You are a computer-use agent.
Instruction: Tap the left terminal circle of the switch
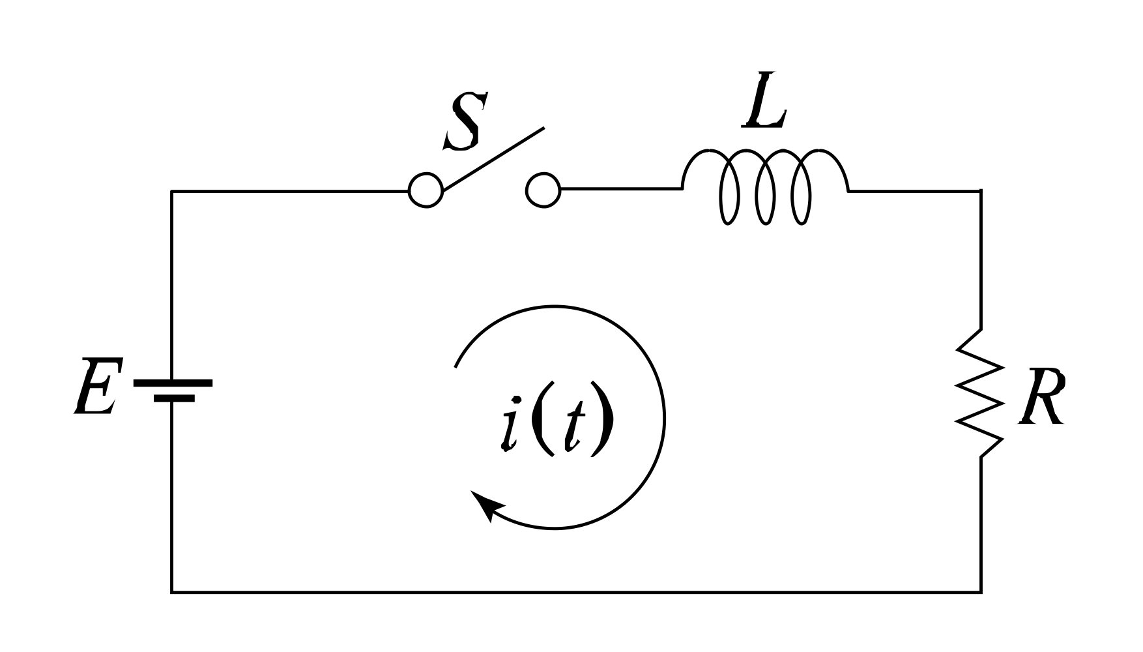click(x=426, y=190)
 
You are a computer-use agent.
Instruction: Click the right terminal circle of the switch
click(x=543, y=190)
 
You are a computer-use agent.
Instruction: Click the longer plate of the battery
click(x=173, y=383)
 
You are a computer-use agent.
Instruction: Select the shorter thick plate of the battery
click(x=174, y=398)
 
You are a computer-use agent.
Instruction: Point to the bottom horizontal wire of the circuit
click(x=576, y=592)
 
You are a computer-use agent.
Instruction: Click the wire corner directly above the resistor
click(x=981, y=190)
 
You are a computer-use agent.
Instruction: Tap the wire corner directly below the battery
click(x=172, y=592)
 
